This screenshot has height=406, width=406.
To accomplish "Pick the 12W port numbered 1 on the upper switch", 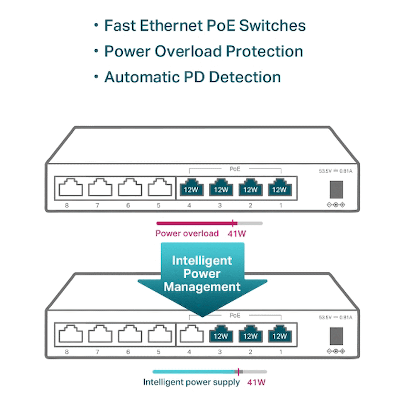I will pyautogui.click(x=279, y=188).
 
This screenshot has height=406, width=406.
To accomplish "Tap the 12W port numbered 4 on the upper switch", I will pyautogui.click(x=191, y=188).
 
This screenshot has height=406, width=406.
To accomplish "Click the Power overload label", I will pyautogui.click(x=187, y=234).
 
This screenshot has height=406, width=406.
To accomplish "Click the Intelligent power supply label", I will pyautogui.click(x=192, y=382).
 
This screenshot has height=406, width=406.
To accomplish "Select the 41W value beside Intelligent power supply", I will pyautogui.click(x=256, y=382).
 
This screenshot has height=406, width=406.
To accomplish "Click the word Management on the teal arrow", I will pyautogui.click(x=202, y=287).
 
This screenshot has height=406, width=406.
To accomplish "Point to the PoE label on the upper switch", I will pyautogui.click(x=235, y=169).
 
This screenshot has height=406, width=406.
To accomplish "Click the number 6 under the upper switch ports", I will pyautogui.click(x=128, y=205).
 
